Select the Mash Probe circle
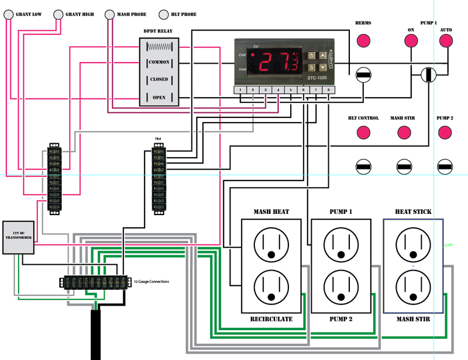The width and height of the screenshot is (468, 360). (x=110, y=14)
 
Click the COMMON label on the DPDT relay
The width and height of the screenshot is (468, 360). (x=159, y=62)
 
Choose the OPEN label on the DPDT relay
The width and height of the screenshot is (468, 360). (x=159, y=98)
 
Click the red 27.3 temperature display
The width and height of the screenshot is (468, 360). (x=278, y=62)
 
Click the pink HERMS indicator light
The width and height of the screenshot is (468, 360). (x=363, y=41)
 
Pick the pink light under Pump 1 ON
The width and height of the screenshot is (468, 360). (x=411, y=41)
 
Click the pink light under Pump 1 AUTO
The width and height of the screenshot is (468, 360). (x=446, y=41)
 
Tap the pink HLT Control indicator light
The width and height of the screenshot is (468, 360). (x=363, y=133)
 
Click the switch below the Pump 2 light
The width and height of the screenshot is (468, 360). (x=445, y=167)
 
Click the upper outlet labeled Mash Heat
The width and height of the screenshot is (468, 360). (x=271, y=243)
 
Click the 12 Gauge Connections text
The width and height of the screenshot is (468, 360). (x=152, y=282)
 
